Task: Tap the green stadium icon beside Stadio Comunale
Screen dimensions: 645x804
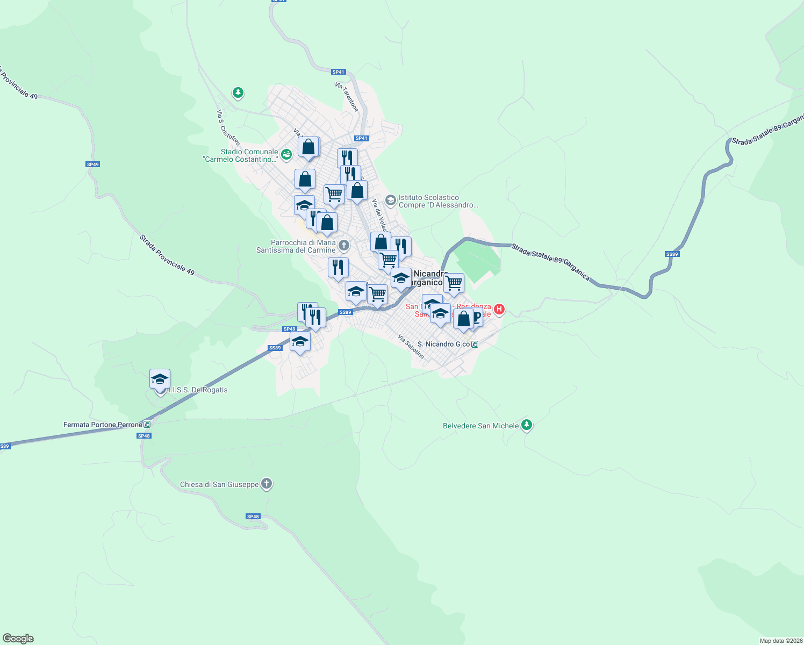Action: [286, 155]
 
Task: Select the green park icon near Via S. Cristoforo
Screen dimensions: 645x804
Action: [238, 93]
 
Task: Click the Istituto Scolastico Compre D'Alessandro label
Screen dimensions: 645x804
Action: [438, 201]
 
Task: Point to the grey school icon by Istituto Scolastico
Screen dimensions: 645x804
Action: [391, 201]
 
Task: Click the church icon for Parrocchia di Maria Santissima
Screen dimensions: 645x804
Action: [344, 246]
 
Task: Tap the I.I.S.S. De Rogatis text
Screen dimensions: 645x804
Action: [198, 390]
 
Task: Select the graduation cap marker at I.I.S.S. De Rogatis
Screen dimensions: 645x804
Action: [160, 379]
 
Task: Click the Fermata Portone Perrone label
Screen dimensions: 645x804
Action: [103, 425]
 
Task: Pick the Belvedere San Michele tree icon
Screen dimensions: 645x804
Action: [527, 425]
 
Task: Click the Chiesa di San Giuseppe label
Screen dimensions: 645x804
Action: [219, 484]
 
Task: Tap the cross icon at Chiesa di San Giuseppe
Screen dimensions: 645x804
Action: [267, 484]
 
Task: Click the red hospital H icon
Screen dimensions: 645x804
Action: [499, 309]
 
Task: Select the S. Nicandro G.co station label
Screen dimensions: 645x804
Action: [443, 344]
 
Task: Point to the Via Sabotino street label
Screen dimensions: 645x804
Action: [411, 346]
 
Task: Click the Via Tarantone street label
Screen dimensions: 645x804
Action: [347, 97]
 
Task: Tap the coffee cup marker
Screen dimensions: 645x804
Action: [475, 317]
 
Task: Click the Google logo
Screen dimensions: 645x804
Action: [18, 639]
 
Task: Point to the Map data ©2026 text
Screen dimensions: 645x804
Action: [780, 641]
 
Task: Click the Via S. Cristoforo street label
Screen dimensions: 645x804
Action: [228, 127]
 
